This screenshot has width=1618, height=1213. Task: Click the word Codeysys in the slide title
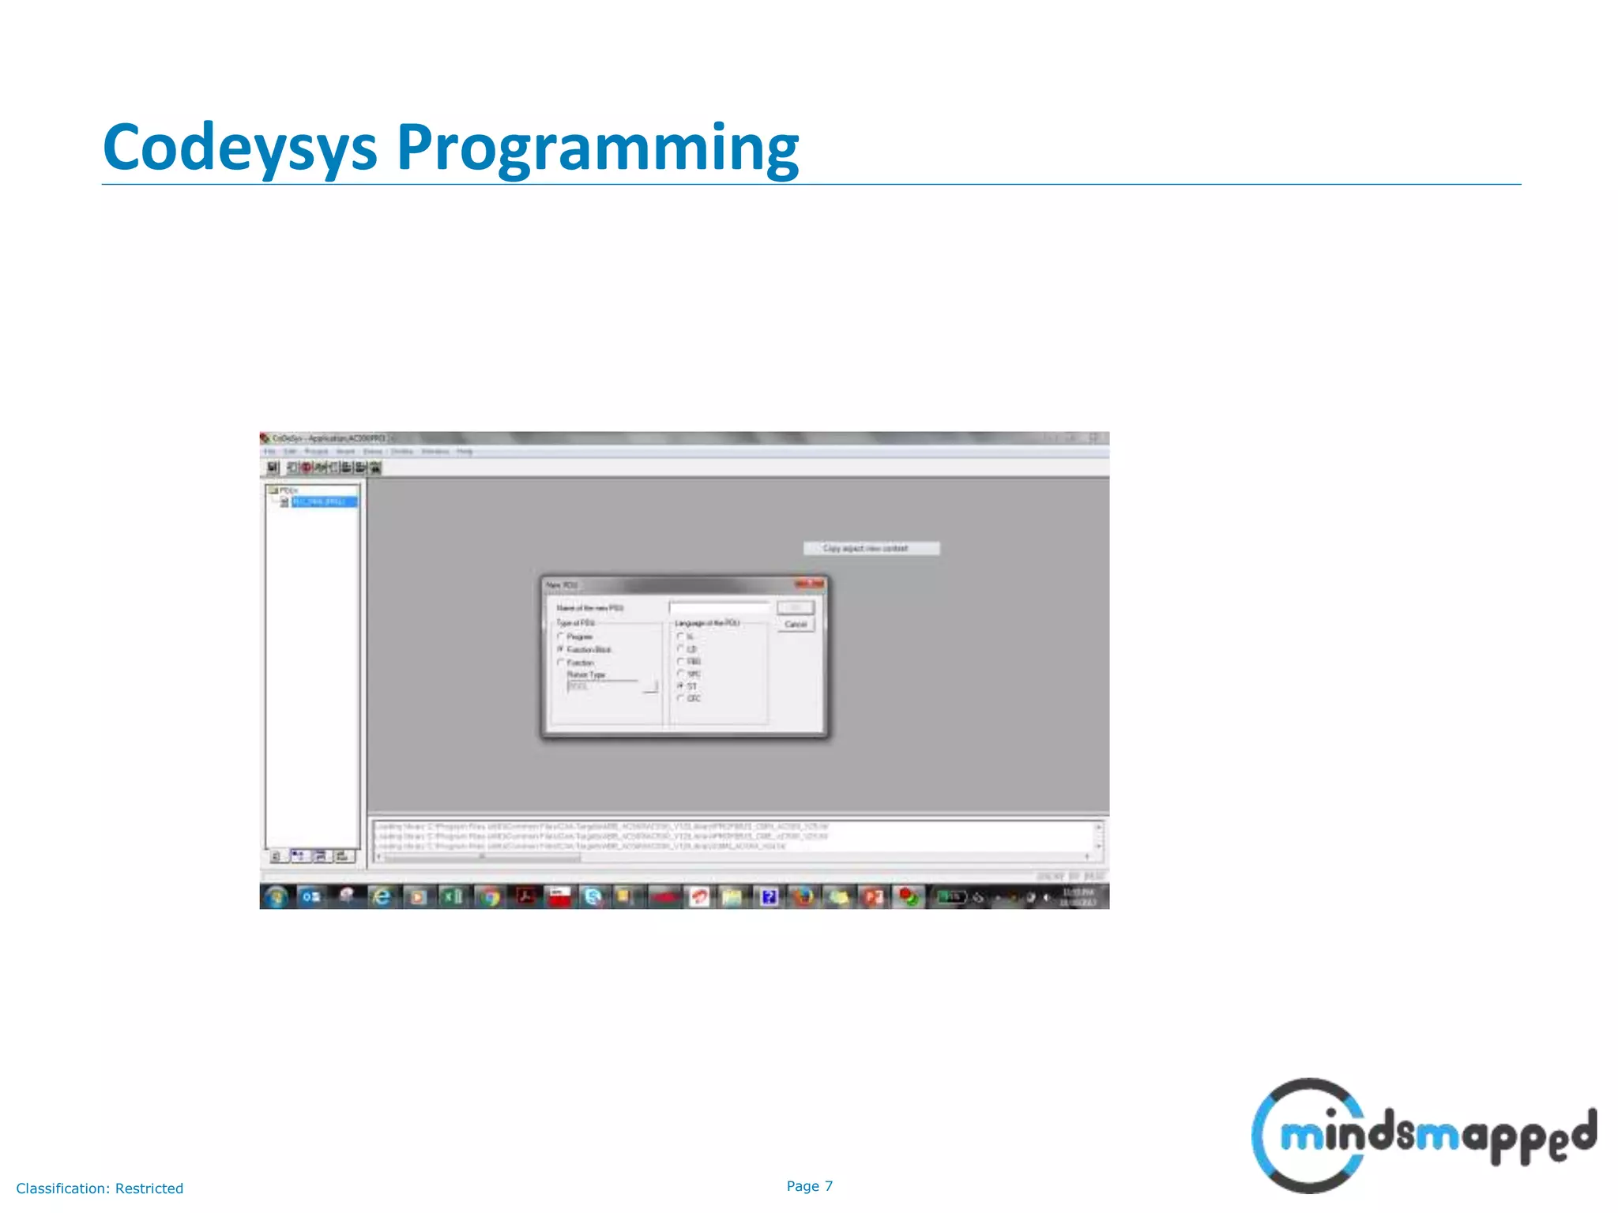pyautogui.click(x=239, y=148)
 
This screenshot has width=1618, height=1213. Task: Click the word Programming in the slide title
pyautogui.click(x=597, y=148)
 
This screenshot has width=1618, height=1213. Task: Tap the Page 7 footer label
pyautogui.click(x=809, y=1185)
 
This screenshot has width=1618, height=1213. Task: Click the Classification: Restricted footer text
pyautogui.click(x=100, y=1189)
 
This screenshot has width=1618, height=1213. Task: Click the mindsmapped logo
pyautogui.click(x=1422, y=1136)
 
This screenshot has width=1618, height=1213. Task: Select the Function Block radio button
pyautogui.click(x=562, y=649)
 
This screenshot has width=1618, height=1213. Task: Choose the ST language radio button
pyautogui.click(x=680, y=686)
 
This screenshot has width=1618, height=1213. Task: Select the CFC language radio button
pyautogui.click(x=680, y=698)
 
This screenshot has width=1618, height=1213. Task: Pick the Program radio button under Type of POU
pyautogui.click(x=562, y=637)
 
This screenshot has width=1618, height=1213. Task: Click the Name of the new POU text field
pyautogui.click(x=719, y=607)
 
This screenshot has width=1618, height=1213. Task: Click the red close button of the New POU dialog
pyautogui.click(x=809, y=584)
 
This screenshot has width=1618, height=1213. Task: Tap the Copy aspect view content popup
pyautogui.click(x=871, y=548)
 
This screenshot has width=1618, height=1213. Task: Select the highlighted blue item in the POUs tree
pyautogui.click(x=324, y=501)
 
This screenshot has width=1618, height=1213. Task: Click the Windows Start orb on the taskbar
pyautogui.click(x=276, y=896)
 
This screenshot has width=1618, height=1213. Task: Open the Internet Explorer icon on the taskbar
pyautogui.click(x=382, y=896)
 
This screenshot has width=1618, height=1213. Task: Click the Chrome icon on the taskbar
pyautogui.click(x=491, y=896)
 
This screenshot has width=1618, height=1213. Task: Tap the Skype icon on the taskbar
pyautogui.click(x=593, y=896)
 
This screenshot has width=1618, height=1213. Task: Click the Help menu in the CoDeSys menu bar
pyautogui.click(x=465, y=452)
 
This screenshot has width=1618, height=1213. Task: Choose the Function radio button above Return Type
pyautogui.click(x=562, y=663)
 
